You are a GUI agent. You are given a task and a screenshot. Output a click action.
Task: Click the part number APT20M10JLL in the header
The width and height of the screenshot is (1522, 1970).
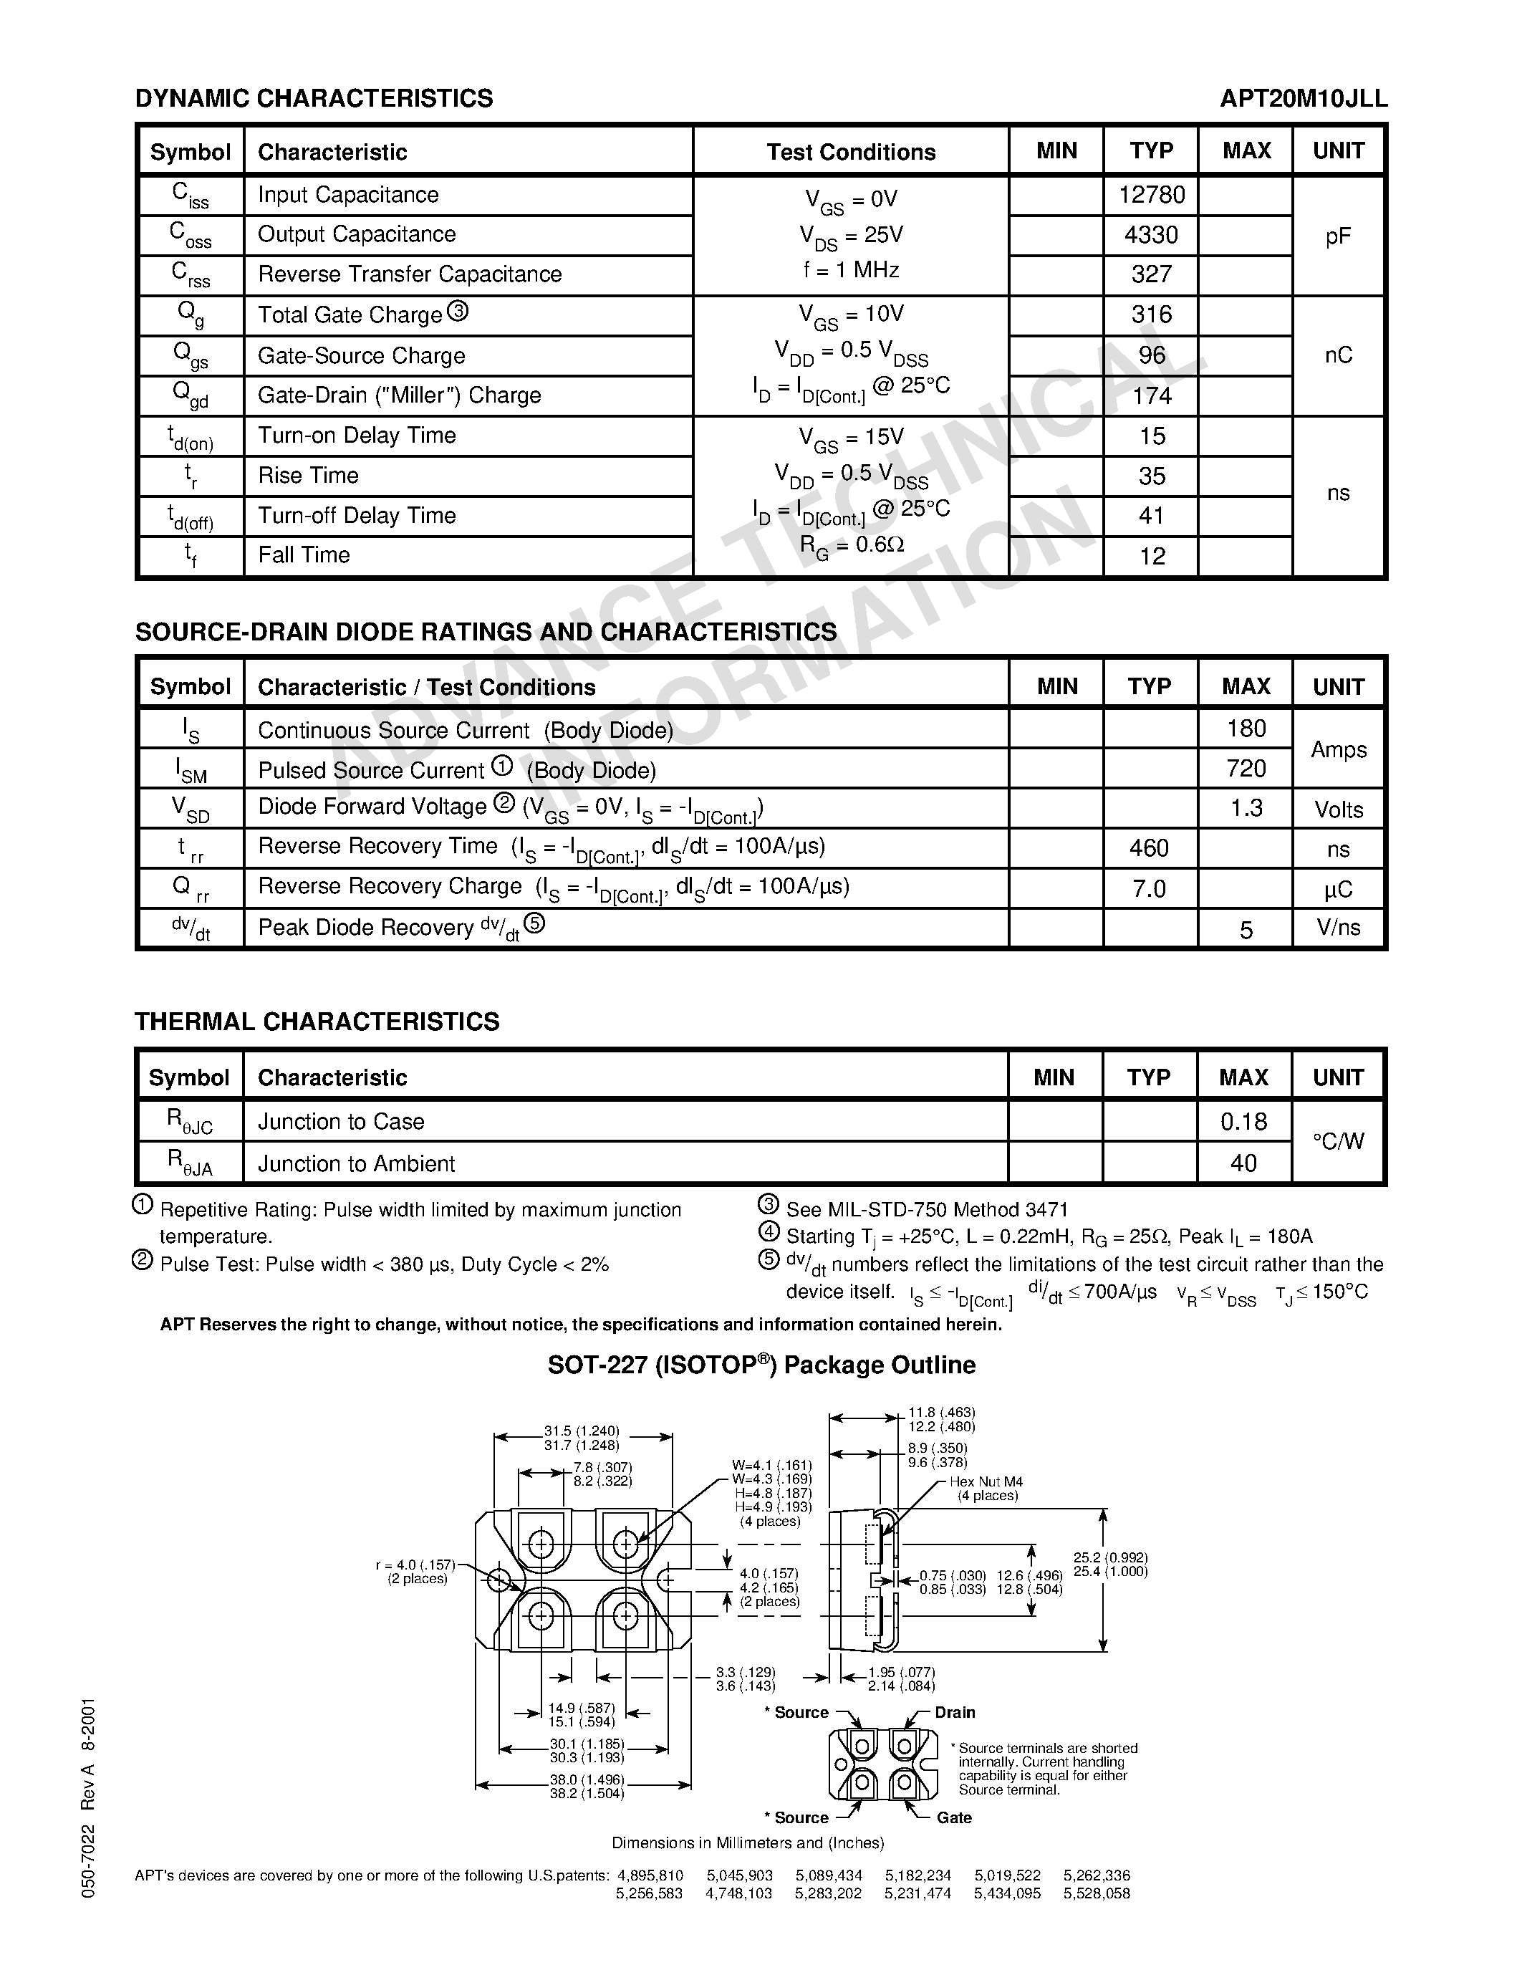click(x=1303, y=98)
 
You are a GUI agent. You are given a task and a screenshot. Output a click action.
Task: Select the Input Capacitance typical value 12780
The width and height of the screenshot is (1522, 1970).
click(x=1152, y=195)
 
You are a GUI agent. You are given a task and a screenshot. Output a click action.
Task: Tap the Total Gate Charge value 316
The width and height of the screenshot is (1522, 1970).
click(x=1152, y=314)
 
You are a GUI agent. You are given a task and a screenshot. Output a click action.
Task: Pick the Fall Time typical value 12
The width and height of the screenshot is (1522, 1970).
click(x=1152, y=557)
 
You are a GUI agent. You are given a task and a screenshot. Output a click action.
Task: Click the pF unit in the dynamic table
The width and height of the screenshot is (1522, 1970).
click(x=1338, y=236)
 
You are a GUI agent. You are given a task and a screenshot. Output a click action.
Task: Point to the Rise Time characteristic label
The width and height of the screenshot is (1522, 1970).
click(x=309, y=476)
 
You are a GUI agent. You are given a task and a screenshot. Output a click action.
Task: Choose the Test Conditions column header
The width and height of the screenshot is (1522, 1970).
click(x=850, y=152)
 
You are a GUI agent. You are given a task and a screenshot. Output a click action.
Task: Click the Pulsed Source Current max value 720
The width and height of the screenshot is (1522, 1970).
click(x=1246, y=769)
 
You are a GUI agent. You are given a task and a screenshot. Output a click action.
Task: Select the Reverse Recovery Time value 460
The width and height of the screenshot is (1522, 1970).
click(x=1149, y=848)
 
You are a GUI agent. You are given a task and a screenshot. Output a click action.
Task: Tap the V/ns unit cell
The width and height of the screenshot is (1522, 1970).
click(x=1338, y=927)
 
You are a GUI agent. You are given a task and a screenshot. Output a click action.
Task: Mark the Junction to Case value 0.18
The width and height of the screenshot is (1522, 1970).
click(x=1243, y=1121)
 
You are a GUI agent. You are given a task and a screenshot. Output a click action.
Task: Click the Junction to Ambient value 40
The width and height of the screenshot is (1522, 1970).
click(x=1243, y=1163)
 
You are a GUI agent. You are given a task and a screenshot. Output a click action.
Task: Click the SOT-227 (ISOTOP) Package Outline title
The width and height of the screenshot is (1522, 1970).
click(x=761, y=1365)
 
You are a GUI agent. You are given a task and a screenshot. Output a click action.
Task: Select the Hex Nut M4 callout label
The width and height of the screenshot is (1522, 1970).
click(x=986, y=1482)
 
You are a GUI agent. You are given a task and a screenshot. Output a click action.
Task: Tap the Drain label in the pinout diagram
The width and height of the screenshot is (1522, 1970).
click(x=954, y=1712)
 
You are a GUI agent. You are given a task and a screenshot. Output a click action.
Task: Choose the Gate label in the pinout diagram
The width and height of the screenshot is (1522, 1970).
click(x=953, y=1817)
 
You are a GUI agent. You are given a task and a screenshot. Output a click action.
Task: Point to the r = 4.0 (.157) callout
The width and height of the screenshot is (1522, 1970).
click(x=415, y=1565)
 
